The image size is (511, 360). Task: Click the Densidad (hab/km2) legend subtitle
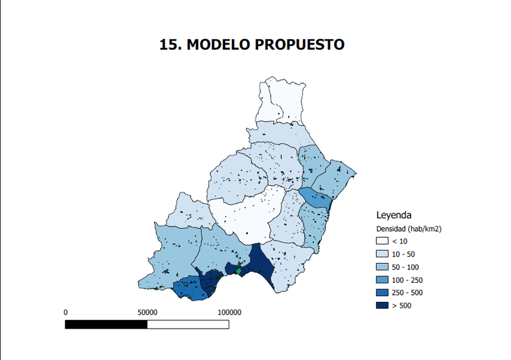click(409, 228)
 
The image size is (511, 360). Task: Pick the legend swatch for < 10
click(383, 241)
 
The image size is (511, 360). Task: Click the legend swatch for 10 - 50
click(383, 254)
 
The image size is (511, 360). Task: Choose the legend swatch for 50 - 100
click(383, 267)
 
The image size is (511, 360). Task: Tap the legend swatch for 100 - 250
click(383, 280)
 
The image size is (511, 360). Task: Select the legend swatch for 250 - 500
click(383, 293)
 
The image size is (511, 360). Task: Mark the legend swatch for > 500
click(383, 306)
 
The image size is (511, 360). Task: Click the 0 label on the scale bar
click(66, 313)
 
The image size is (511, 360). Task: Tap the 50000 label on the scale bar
click(148, 313)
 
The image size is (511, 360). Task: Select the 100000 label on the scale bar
click(229, 313)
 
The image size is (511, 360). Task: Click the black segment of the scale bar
click(107, 324)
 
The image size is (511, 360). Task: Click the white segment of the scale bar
click(188, 324)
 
